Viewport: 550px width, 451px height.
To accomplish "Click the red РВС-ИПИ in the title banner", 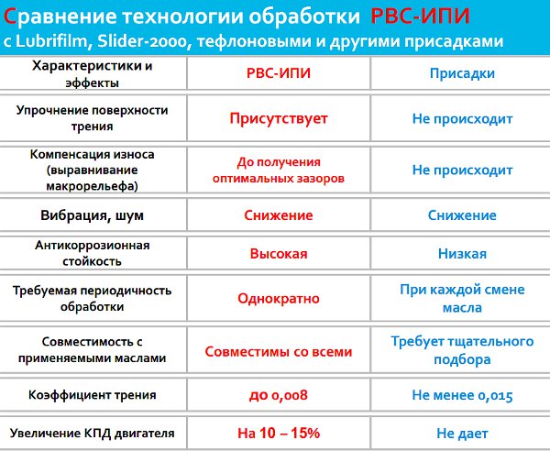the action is point(420,16).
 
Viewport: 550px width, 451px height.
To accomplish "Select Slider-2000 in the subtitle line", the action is point(141,41).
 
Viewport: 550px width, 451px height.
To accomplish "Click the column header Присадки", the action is point(462,73).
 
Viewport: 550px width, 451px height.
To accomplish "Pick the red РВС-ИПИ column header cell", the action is point(279,73).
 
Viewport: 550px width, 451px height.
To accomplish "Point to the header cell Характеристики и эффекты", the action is point(92,74).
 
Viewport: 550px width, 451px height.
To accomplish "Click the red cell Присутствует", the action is point(279,118).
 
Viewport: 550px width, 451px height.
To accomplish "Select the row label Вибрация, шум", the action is point(92,215).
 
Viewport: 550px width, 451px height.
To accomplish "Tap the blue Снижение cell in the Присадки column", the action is point(462,215).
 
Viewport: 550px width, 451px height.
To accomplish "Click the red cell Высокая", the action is point(279,254).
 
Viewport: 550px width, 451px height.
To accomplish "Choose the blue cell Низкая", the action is point(462,254).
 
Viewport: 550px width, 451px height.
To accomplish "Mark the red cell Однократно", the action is point(279,299).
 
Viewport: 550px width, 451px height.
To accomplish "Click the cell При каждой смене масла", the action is point(462,299).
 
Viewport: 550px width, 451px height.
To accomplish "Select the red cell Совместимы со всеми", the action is point(279,351).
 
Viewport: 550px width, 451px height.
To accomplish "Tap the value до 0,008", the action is point(279,395).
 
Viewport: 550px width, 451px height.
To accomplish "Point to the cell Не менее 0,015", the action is point(462,395).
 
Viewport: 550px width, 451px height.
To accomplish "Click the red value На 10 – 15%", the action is point(279,433).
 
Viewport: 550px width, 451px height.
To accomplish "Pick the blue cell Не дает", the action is point(462,434).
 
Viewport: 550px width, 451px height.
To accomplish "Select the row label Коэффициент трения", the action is point(92,395).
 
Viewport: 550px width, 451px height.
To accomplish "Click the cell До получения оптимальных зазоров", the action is point(279,170).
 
